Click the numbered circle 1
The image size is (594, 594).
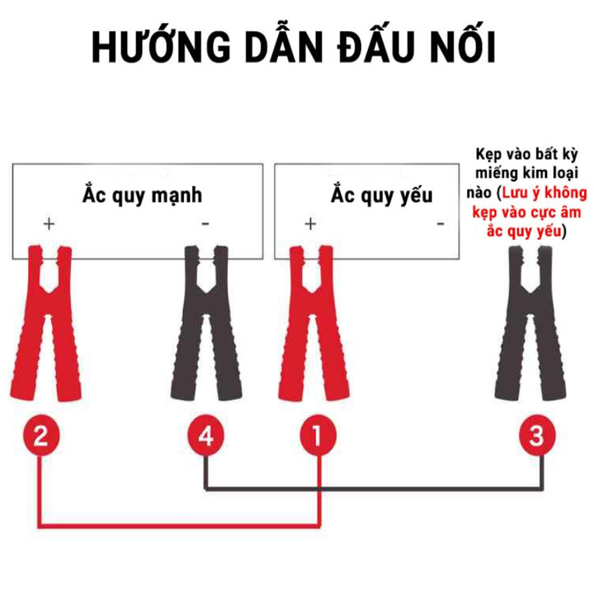pyautogui.click(x=318, y=435)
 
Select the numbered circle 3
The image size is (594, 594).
pyautogui.click(x=537, y=435)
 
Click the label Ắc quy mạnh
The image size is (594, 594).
pyautogui.click(x=142, y=196)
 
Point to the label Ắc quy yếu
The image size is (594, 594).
pyautogui.click(x=381, y=196)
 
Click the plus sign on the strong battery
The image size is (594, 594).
pyautogui.click(x=49, y=224)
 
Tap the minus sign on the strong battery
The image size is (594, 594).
pyautogui.click(x=205, y=224)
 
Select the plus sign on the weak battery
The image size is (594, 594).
pyautogui.click(x=310, y=224)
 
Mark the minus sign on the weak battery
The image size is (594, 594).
pyautogui.click(x=441, y=224)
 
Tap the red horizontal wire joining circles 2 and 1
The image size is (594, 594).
pyautogui.click(x=179, y=526)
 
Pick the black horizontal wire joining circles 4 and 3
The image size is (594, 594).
pyautogui.click(x=375, y=488)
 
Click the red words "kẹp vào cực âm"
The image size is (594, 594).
pyautogui.click(x=526, y=213)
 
